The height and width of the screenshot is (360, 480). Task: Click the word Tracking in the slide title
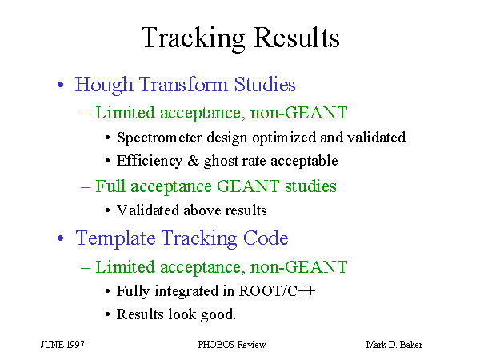pyautogui.click(x=193, y=38)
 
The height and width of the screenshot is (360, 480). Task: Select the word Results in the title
pyautogui.click(x=297, y=37)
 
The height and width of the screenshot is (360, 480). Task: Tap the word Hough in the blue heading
pyautogui.click(x=104, y=85)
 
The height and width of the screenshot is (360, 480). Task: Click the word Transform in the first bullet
pyautogui.click(x=183, y=84)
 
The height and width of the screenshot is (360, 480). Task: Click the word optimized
pyautogui.click(x=284, y=138)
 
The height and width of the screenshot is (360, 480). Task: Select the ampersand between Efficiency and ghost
pyautogui.click(x=193, y=161)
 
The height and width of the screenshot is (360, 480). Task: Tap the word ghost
pyautogui.click(x=221, y=162)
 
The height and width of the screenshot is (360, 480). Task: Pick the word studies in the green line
pyautogui.click(x=310, y=186)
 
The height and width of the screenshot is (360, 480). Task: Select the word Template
pyautogui.click(x=115, y=238)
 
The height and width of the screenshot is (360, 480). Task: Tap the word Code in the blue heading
pyautogui.click(x=266, y=238)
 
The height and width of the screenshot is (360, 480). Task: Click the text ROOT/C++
pyautogui.click(x=277, y=291)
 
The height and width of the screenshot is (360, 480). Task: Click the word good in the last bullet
pyautogui.click(x=217, y=315)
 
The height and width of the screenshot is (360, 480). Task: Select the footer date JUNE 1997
pyautogui.click(x=62, y=345)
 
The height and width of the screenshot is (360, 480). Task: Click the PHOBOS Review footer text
pyautogui.click(x=232, y=345)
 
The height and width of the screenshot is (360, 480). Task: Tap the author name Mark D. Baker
pyautogui.click(x=394, y=345)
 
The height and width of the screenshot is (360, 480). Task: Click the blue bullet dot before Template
pyautogui.click(x=61, y=238)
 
